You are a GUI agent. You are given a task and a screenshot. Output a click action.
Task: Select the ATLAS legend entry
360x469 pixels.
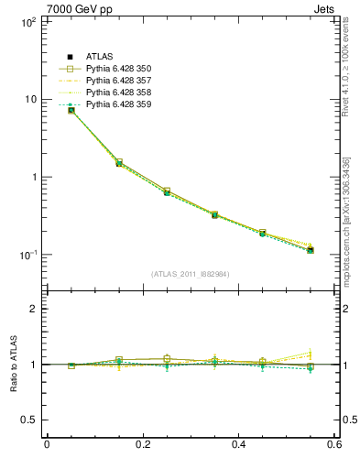click(x=101, y=57)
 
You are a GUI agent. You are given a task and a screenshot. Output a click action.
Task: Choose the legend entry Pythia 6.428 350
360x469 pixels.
click(x=118, y=69)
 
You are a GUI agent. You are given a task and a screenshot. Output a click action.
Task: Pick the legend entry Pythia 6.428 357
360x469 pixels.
click(x=118, y=81)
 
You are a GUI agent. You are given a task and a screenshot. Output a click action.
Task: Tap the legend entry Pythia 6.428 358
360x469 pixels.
click(x=118, y=93)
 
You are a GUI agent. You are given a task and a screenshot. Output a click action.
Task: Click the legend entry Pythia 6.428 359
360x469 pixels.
click(x=118, y=104)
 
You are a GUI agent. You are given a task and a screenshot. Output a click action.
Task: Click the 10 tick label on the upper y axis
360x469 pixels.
click(x=29, y=99)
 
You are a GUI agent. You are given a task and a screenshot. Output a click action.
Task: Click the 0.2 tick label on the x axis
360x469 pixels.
click(x=142, y=445)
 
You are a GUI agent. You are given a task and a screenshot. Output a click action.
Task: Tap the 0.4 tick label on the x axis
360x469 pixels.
click(x=238, y=445)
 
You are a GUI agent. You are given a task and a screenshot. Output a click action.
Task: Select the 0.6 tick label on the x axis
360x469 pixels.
click(x=334, y=445)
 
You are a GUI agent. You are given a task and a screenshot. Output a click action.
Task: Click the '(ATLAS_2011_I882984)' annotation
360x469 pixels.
click(x=190, y=274)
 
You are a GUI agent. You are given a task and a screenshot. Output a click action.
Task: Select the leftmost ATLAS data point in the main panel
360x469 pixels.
click(x=71, y=110)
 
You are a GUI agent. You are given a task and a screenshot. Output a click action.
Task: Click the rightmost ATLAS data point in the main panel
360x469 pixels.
click(x=311, y=250)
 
